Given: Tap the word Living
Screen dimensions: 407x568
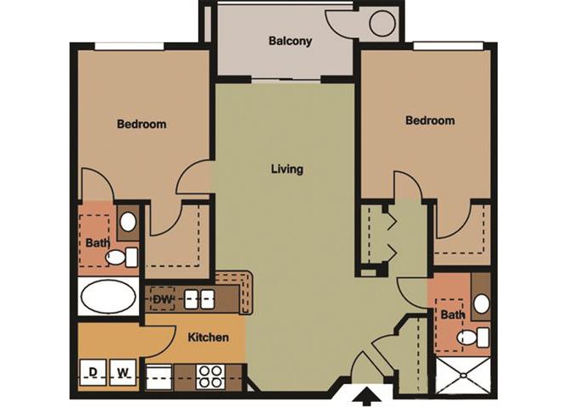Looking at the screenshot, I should point(287,169).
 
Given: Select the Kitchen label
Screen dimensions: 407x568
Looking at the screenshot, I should point(208,337).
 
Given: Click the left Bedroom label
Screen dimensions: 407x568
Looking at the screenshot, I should point(141,124).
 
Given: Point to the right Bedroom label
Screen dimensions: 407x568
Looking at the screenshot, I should point(430,120).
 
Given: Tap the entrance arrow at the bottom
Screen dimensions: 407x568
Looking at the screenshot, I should point(368,394).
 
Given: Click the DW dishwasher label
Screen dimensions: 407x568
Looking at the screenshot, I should point(164,298).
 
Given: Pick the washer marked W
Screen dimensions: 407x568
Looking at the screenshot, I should point(123,371).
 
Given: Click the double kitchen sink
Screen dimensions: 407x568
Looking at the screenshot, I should point(199,298).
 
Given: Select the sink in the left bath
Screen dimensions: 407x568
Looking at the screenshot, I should point(127,223).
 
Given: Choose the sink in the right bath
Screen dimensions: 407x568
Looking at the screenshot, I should point(481,303).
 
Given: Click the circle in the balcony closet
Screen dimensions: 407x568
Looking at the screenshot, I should point(381,23).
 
